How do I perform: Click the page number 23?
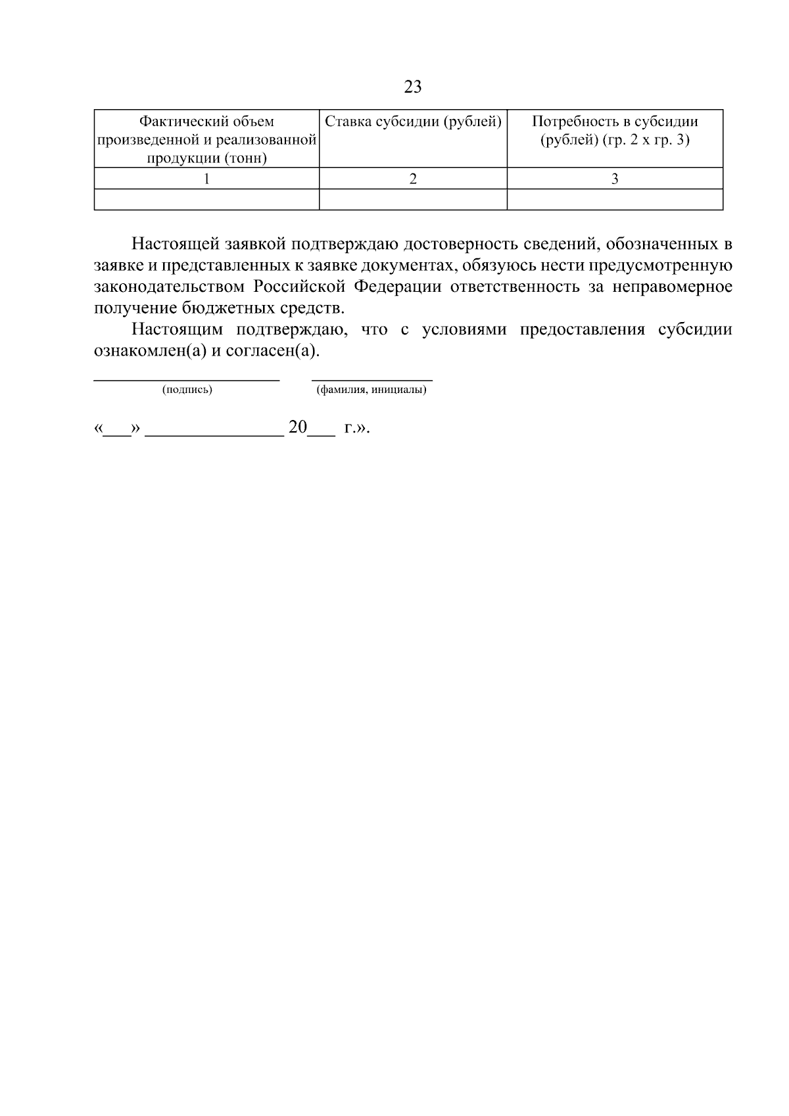click(413, 87)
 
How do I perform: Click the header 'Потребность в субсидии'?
click(615, 122)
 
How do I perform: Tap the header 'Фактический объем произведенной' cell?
click(206, 139)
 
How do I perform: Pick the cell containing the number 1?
click(206, 179)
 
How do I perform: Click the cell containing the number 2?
click(413, 179)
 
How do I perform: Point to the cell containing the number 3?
click(615, 179)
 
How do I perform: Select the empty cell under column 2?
click(413, 199)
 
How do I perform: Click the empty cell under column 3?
click(615, 199)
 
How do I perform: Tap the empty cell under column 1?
click(206, 199)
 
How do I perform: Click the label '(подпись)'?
click(187, 390)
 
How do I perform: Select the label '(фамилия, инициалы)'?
click(371, 390)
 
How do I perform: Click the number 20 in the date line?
click(297, 428)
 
